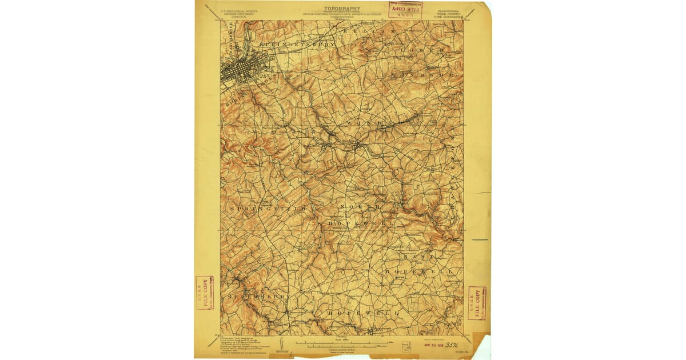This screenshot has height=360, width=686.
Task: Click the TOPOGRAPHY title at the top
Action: [342, 9]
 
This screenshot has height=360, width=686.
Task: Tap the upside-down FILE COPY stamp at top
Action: [405, 9]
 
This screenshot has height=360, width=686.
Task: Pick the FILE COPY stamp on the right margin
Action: [476, 303]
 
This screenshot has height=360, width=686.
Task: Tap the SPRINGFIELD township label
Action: [268, 210]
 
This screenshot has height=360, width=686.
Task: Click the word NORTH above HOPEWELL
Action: [360, 206]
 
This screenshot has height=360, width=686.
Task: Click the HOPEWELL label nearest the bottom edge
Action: [362, 313]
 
